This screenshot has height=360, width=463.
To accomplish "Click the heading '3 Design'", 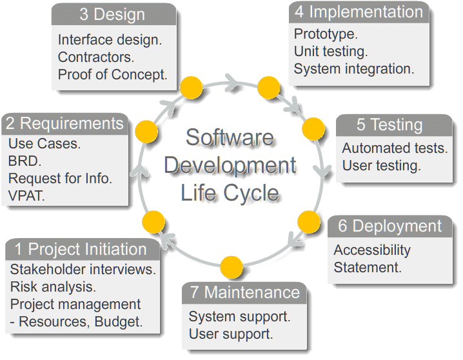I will coord(107,14).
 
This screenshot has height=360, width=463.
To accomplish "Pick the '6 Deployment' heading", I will coord(390,226).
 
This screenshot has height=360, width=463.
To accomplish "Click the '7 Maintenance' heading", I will coord(245,292).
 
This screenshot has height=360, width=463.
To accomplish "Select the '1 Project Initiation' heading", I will coord(81,249).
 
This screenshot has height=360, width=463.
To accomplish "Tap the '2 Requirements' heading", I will coord(63,123).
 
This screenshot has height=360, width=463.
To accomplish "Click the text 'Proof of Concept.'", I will coord(112,74).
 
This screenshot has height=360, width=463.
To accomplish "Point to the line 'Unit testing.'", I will coord(330,50).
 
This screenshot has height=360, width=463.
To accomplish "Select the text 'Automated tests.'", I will coord(394,148).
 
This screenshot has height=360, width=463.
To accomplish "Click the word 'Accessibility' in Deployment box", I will coord(371,250).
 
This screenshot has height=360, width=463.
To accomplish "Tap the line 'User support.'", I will coord(230,334).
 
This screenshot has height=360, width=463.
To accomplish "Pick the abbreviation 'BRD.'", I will coord(25,160).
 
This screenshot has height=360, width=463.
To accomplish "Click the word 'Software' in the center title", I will coord(229,137).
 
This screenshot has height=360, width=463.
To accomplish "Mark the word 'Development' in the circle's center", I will coord(230,165).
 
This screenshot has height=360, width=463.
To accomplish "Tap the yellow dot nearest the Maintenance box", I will coord(231,266).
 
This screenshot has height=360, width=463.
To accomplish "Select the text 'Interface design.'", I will coord(110,39).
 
